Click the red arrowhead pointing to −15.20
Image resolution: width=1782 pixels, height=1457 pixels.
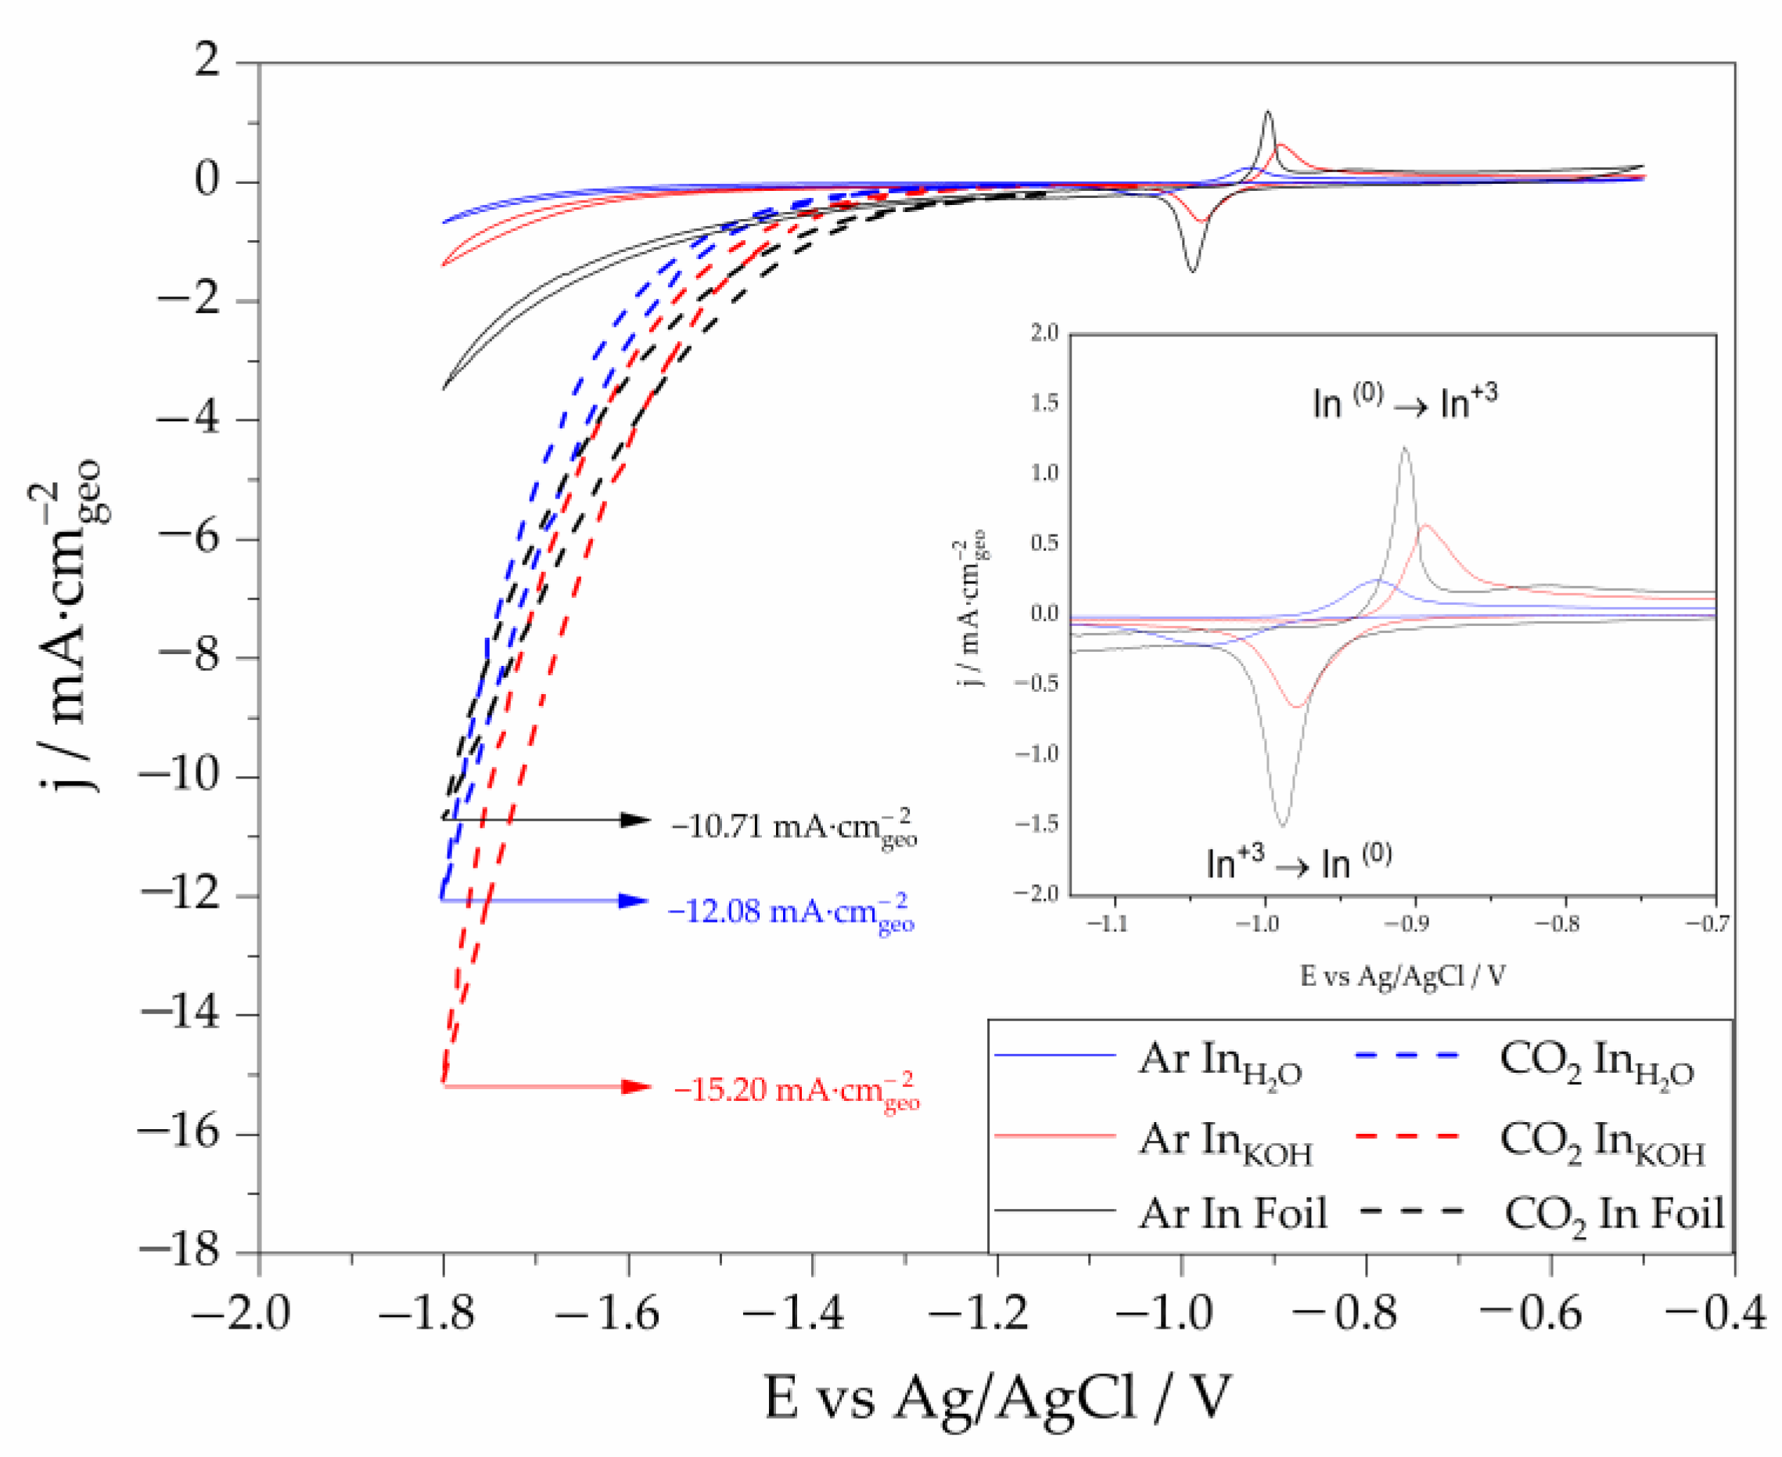635,1087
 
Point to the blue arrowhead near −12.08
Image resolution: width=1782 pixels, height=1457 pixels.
633,901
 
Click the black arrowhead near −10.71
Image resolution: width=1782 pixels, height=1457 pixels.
634,820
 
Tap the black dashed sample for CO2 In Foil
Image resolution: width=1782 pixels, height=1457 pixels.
1410,1211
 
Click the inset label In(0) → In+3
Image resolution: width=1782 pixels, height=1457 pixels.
1404,402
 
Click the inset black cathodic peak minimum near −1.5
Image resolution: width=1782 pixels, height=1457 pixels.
1282,825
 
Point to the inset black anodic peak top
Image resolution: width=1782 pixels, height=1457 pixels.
1404,449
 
